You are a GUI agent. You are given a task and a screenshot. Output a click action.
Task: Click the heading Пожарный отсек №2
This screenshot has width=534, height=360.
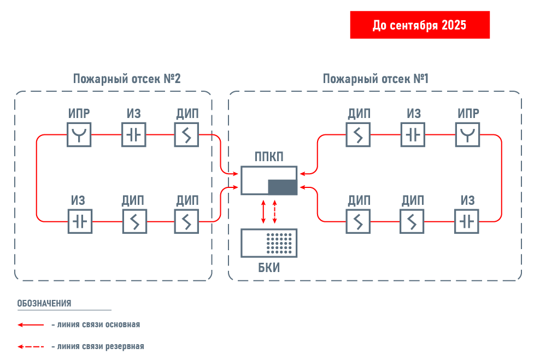[x=127, y=79]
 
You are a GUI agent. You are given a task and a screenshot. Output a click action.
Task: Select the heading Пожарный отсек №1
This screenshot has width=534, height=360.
[x=375, y=79]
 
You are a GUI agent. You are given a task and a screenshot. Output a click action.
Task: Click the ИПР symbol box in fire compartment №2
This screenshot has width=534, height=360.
[x=79, y=134]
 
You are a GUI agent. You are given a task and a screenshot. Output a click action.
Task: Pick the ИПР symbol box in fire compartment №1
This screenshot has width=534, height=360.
[x=468, y=134]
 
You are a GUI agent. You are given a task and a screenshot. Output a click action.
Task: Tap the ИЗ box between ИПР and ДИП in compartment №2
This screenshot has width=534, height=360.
[x=133, y=134]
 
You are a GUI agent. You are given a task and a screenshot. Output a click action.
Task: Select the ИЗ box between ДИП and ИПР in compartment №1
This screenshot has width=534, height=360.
[x=414, y=134]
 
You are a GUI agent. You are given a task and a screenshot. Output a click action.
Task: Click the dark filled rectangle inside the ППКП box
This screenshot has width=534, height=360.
[x=283, y=186]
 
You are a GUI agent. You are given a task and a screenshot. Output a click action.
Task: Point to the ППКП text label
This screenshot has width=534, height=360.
[x=269, y=157]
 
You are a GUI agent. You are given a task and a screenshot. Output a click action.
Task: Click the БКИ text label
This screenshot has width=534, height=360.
[x=269, y=268]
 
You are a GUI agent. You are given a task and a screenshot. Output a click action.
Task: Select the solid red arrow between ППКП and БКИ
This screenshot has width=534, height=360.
[x=263, y=212]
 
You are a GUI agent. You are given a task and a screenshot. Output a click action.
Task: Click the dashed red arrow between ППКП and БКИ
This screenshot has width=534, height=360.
[x=274, y=212]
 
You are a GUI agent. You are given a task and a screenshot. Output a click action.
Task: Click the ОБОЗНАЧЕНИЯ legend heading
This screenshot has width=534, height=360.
[x=44, y=303]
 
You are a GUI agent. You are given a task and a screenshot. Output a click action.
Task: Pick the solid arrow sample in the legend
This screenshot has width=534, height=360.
[x=31, y=324]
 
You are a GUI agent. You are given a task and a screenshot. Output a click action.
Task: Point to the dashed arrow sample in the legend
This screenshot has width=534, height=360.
[x=31, y=346]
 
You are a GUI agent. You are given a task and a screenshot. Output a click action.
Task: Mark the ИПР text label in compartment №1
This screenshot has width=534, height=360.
[x=468, y=114]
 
